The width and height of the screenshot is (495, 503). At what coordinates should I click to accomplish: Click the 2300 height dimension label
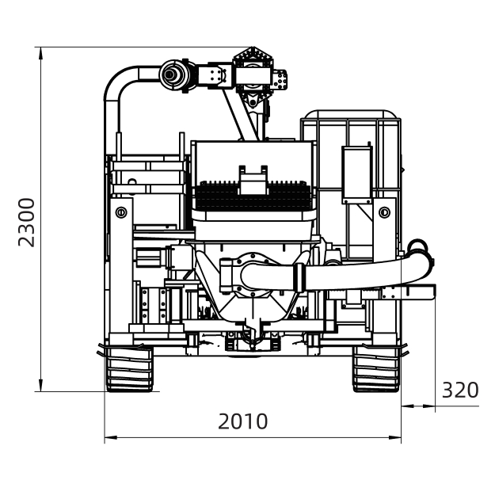pyautogui.click(x=26, y=223)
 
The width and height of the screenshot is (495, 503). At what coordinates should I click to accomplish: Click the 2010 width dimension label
pyautogui.click(x=243, y=421)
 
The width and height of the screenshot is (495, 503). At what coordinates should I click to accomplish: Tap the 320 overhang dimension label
pyautogui.click(x=460, y=390)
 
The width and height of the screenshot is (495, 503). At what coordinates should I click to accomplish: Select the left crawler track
pyautogui.click(x=129, y=369)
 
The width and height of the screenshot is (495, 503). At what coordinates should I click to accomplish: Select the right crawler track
pyautogui.click(x=377, y=369)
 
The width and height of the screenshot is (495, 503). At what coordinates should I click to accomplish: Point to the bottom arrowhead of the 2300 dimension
pyautogui.click(x=40, y=385)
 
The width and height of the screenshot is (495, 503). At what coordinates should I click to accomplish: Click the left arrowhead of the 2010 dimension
pyautogui.click(x=111, y=437)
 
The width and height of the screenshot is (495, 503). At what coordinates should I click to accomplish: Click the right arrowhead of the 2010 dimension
pyautogui.click(x=395, y=437)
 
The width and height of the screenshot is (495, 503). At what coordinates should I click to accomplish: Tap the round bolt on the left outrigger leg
pyautogui.click(x=121, y=212)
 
